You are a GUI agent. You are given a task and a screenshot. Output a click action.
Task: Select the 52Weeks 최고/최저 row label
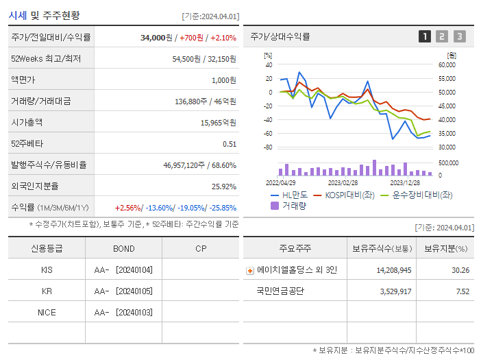click(x=45, y=59)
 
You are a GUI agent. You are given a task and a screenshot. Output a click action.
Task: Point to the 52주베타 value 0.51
click(x=229, y=144)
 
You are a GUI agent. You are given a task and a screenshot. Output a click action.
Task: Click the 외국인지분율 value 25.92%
click(x=224, y=187)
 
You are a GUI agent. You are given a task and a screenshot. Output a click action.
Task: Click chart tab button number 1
click(x=425, y=36)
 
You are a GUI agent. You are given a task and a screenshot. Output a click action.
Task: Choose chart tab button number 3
click(x=459, y=36)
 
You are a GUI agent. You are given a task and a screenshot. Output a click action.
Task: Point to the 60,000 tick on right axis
click(x=446, y=65)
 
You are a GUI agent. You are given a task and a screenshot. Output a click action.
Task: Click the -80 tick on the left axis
click(x=268, y=147)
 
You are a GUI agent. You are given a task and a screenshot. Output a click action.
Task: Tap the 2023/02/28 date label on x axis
click(x=343, y=182)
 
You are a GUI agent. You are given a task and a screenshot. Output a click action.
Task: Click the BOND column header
click(x=123, y=248)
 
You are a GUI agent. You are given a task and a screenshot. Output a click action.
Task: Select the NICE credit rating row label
click(x=47, y=313)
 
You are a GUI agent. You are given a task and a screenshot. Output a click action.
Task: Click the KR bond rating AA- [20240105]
click(x=123, y=291)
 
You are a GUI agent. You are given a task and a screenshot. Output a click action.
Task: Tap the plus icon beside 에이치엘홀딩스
click(x=249, y=270)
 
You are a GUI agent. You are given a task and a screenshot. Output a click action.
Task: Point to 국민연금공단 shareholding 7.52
click(x=463, y=291)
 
